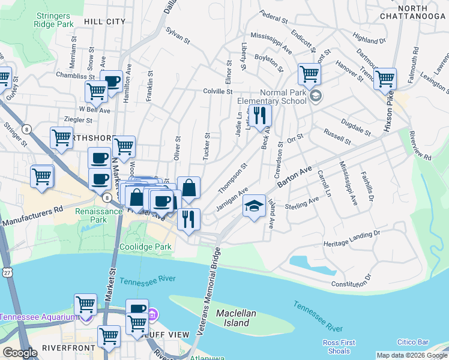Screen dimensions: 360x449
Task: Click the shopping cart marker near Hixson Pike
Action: (x=385, y=79)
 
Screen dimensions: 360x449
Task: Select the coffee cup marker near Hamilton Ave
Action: (x=112, y=82)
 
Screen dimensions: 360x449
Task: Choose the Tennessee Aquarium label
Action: (x=39, y=317)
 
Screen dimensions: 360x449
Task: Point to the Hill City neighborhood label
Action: (x=105, y=22)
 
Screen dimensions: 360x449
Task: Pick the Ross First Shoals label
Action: (x=339, y=347)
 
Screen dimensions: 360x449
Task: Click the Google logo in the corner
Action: (x=20, y=353)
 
